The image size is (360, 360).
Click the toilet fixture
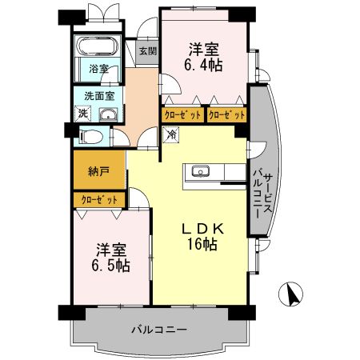[x=90, y=137]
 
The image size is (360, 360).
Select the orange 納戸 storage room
[x=98, y=170]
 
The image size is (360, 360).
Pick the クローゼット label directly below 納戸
[x=98, y=200]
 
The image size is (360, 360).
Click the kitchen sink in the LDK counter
[x=200, y=171]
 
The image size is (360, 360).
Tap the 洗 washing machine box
[x=83, y=114]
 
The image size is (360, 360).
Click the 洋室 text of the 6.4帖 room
[x=205, y=46]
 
